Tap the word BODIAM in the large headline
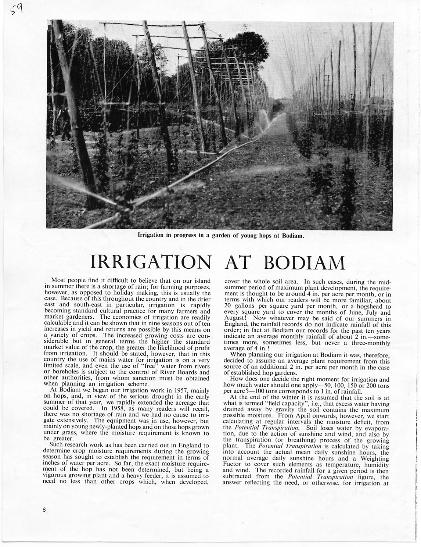click(x=305, y=262)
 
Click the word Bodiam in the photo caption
click(x=293, y=235)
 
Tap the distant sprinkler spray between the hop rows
click(x=263, y=117)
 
